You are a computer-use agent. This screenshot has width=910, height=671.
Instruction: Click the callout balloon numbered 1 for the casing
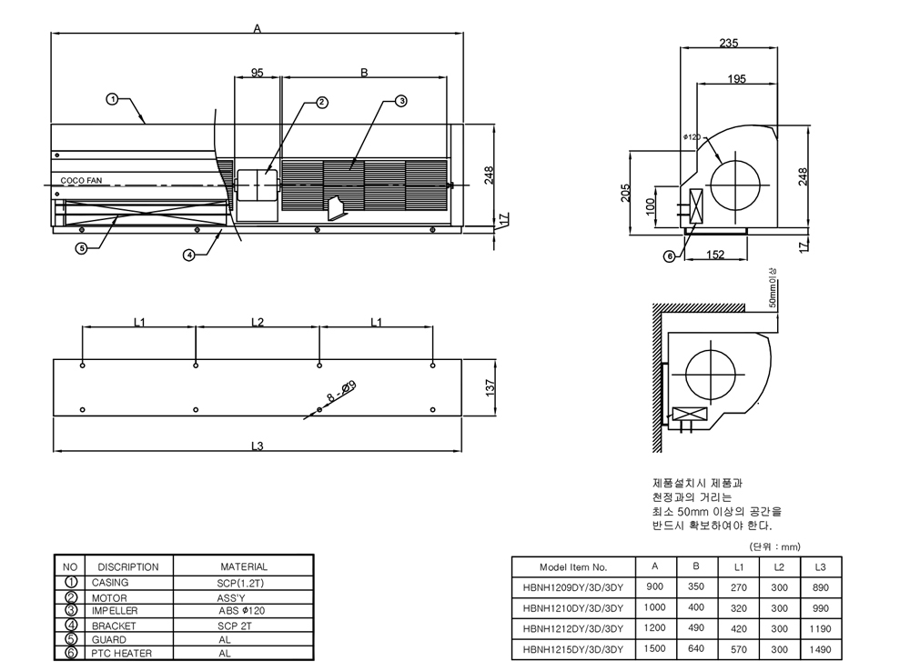coord(112,98)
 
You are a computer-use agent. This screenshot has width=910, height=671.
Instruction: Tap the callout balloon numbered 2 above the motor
coord(321,103)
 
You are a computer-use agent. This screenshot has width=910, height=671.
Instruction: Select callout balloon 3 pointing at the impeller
coord(401,101)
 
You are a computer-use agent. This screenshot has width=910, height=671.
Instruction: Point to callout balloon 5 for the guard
coord(81,247)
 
